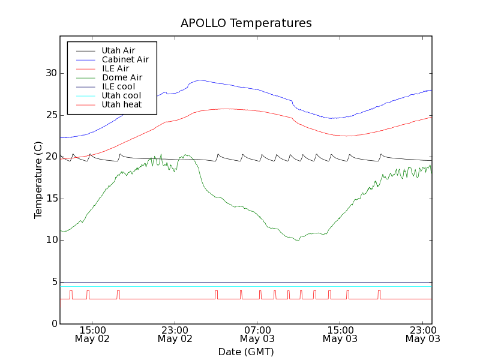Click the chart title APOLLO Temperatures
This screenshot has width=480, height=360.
[x=246, y=23]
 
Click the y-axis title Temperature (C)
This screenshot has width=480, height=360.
[x=38, y=180]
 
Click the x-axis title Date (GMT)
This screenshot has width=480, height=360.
[x=246, y=352]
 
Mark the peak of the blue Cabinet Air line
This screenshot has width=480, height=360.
[x=199, y=80]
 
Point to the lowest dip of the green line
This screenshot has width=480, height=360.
[x=297, y=240]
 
